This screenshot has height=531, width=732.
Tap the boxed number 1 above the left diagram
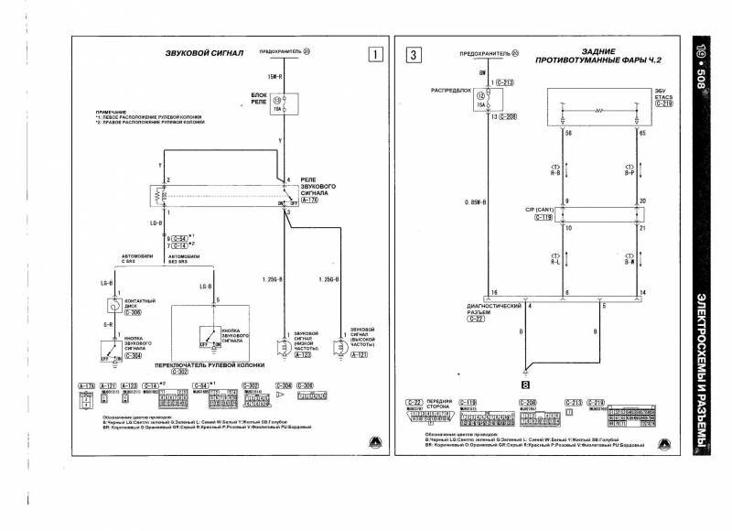pyautogui.click(x=373, y=53)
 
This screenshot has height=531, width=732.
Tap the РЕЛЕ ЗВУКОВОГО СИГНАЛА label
pyautogui.click(x=317, y=189)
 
